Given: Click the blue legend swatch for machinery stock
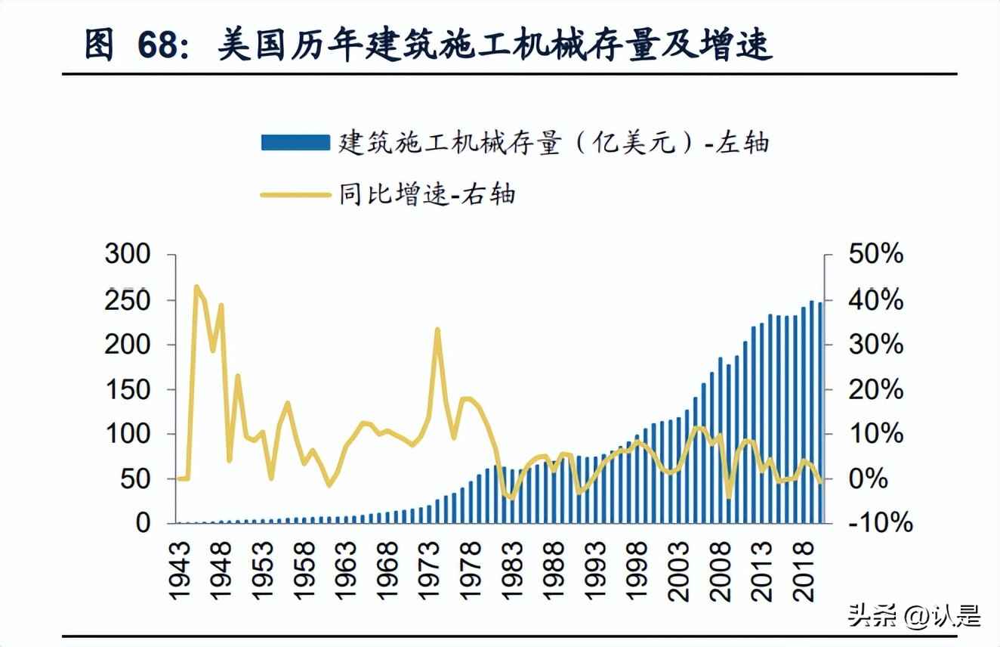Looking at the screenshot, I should (295, 142).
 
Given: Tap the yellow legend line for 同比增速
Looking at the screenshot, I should (295, 194).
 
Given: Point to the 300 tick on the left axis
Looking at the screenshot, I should (128, 255).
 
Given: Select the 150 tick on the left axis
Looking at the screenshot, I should (128, 389).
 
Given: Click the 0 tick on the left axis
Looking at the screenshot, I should (144, 523).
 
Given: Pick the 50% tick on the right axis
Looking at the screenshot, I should (875, 255).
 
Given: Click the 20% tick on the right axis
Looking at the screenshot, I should (875, 389).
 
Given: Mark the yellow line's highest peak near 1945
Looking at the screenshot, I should (196, 287).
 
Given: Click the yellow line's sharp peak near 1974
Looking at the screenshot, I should (437, 330).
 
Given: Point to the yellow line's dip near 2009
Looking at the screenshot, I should (728, 497).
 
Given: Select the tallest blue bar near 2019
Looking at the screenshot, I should (812, 412).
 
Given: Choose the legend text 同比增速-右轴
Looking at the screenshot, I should (427, 194).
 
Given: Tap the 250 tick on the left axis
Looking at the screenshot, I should (128, 300).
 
